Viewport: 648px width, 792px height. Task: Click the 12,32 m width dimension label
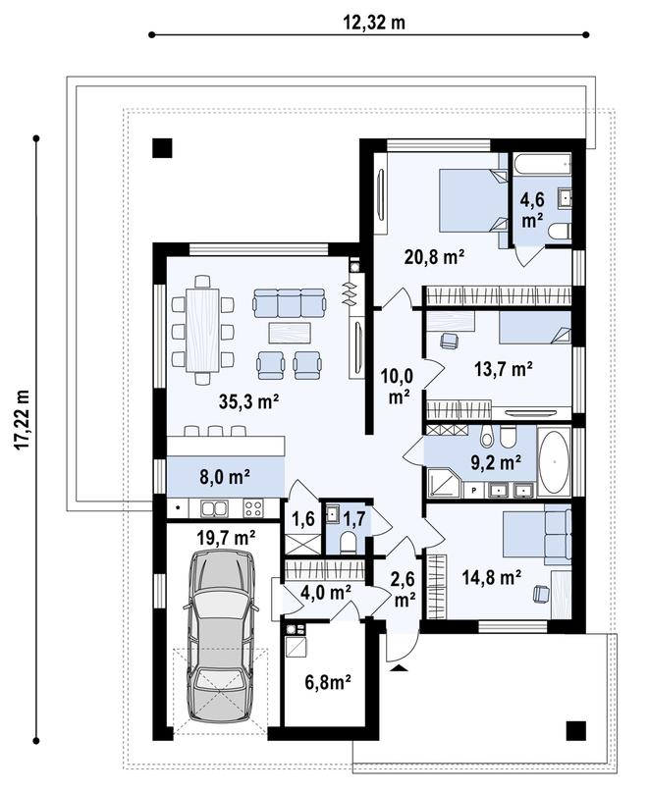point(373,23)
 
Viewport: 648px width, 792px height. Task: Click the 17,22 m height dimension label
point(23,435)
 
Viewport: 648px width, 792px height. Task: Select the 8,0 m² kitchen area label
point(226,478)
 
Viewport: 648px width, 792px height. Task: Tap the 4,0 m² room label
point(328,592)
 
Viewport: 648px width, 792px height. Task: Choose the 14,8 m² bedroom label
point(490,578)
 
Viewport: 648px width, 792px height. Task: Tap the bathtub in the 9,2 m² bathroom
point(554,461)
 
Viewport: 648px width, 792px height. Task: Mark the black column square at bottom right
point(576,729)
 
